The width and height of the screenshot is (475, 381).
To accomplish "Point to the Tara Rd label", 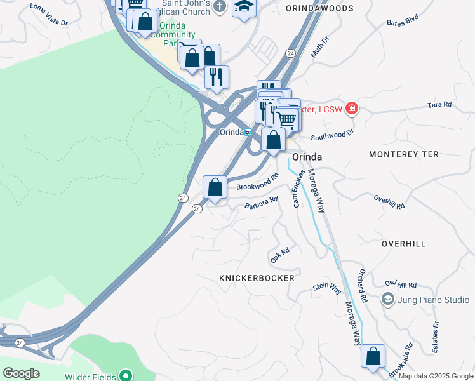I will click(439, 104).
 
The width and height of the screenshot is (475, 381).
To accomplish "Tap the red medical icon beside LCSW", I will click(351, 109).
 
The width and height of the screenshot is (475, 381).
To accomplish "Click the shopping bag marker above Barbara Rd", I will click(215, 187).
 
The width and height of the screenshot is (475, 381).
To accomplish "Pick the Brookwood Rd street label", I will click(257, 182).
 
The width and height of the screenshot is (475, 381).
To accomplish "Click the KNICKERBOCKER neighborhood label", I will click(257, 278).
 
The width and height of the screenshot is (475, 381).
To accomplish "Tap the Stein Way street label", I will click(327, 288).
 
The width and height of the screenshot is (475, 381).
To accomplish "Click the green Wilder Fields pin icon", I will click(126, 376).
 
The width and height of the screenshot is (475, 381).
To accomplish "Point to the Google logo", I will click(21, 373).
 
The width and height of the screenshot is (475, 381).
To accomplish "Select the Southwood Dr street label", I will click(331, 135).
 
